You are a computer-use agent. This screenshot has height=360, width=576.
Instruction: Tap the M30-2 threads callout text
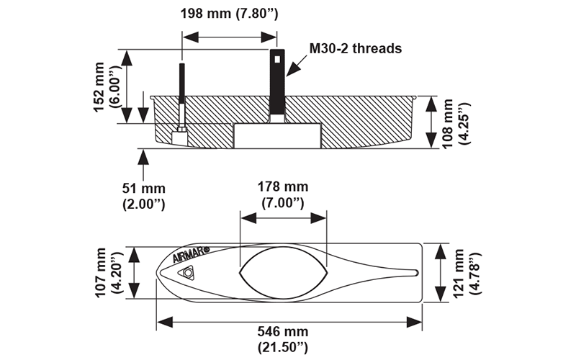click(x=355, y=48)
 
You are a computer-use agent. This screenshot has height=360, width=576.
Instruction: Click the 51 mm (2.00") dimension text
click(x=144, y=197)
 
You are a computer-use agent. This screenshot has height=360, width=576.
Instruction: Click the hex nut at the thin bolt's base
click(x=181, y=129)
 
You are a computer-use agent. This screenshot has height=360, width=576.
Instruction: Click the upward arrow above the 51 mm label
click(x=144, y=162)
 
